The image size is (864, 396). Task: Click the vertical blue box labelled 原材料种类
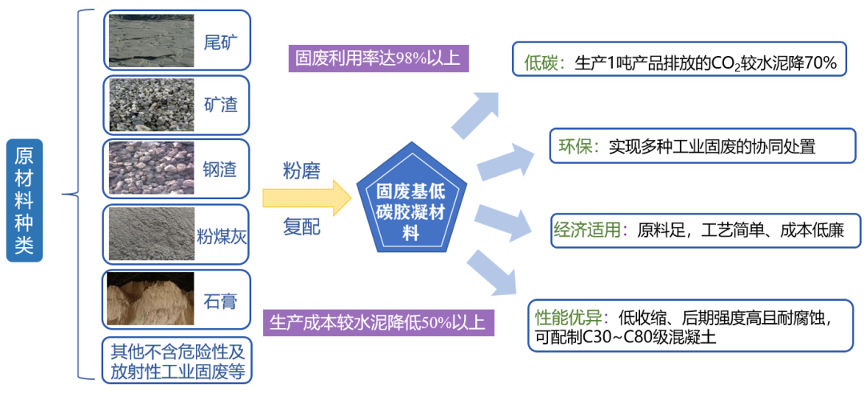point(24,200)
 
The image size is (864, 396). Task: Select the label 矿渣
point(221,105)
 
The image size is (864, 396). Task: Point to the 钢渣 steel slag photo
point(150,168)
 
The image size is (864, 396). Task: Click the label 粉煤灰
point(221,236)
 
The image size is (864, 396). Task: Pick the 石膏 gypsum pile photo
point(150,300)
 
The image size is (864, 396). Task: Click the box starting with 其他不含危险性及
point(177,361)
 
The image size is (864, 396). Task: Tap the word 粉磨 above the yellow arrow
point(302,170)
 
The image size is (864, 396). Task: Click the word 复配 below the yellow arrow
point(302,227)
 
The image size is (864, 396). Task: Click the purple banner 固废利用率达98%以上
point(378,58)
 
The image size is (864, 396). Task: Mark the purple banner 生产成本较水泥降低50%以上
point(378,322)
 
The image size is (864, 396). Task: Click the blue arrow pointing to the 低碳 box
point(475,114)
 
